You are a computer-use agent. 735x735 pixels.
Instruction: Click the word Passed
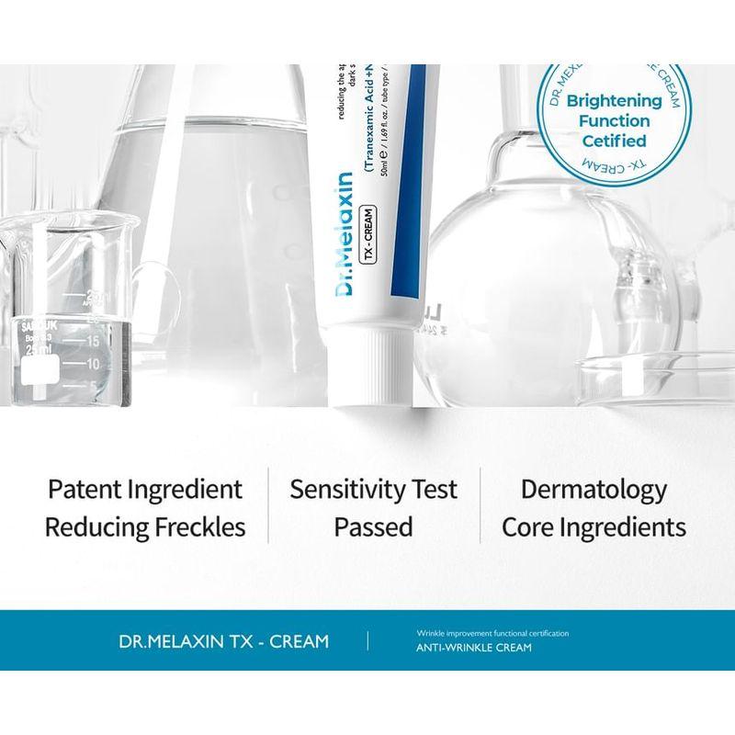(373, 527)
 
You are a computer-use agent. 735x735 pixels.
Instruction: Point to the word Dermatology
(594, 489)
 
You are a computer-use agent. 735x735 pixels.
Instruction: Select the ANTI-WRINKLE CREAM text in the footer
(474, 648)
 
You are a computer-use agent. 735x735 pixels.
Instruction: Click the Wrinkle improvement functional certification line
(492, 633)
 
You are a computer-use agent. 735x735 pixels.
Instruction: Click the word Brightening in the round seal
(614, 101)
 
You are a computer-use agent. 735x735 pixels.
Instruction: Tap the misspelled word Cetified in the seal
(614, 141)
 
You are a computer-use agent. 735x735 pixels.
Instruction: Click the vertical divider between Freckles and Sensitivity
(268, 505)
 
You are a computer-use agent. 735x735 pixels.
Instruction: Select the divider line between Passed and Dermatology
(480, 505)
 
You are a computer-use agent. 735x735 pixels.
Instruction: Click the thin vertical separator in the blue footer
(367, 640)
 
